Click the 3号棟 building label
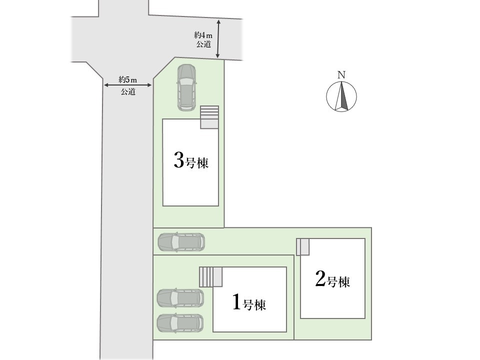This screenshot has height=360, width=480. coord(191,160)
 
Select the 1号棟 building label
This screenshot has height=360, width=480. coord(249,302)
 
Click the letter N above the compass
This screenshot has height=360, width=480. coord(341,74)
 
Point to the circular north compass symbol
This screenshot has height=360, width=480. coord(341,96)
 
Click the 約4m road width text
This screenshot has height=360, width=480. coord(203,35)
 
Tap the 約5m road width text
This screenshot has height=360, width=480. coord(128,80)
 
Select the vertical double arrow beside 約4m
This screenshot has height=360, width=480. coord(218,39)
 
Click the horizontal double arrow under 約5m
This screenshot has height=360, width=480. coord(128,85)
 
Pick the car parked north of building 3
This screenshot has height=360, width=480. coord(186,87)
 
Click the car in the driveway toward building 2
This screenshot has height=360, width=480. coord(181,242)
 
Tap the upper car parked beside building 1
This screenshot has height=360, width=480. coord(180,298)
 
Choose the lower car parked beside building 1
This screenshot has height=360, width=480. coord(180,323)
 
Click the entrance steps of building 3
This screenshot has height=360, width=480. coord(209,117)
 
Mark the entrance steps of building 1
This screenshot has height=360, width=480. coord(210,277)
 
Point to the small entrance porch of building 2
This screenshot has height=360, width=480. coord(303,246)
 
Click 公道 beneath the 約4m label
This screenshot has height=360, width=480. coord(203,44)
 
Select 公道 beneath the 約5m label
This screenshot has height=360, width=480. coord(128,91)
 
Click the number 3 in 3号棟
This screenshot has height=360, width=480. coord(178,160)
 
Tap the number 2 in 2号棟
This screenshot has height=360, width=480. coord(320,279)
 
